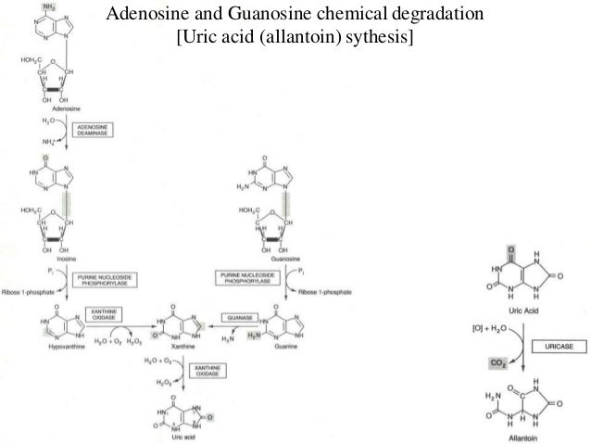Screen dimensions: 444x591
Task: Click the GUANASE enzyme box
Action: pos(237,317)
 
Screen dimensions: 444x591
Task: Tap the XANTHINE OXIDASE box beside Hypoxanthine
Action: pos(99,316)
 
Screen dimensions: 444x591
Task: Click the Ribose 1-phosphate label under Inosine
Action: pos(33,291)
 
